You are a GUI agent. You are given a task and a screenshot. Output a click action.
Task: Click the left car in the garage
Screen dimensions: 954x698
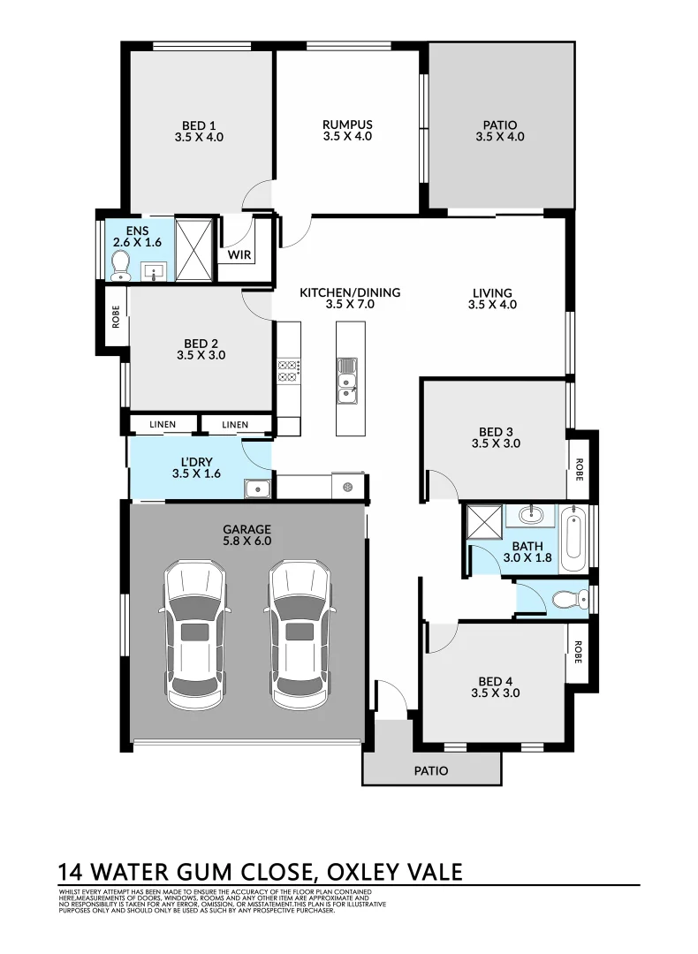(x=193, y=634)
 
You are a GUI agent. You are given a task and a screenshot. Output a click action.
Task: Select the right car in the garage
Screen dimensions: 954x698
(x=300, y=634)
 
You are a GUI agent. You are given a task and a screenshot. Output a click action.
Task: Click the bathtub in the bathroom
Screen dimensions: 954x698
(x=573, y=538)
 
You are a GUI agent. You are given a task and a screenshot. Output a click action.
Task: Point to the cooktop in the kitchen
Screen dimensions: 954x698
(x=289, y=370)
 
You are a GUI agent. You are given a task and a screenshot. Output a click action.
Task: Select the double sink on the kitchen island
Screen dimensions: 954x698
(x=348, y=377)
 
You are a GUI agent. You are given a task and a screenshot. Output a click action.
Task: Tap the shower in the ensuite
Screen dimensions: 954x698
(x=194, y=250)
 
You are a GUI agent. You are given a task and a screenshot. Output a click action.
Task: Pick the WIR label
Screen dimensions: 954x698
(x=239, y=256)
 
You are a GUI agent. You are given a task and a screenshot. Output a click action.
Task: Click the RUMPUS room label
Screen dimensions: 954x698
(x=347, y=125)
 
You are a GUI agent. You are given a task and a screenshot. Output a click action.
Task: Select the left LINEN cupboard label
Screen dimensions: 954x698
(x=163, y=425)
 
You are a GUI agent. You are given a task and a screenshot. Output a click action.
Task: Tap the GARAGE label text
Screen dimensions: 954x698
(x=247, y=530)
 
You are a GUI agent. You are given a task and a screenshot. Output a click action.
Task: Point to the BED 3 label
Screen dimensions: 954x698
(x=496, y=432)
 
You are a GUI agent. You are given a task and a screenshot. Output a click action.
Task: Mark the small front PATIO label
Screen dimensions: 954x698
(x=431, y=770)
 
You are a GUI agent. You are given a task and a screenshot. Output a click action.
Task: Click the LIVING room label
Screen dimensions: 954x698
(x=492, y=292)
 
